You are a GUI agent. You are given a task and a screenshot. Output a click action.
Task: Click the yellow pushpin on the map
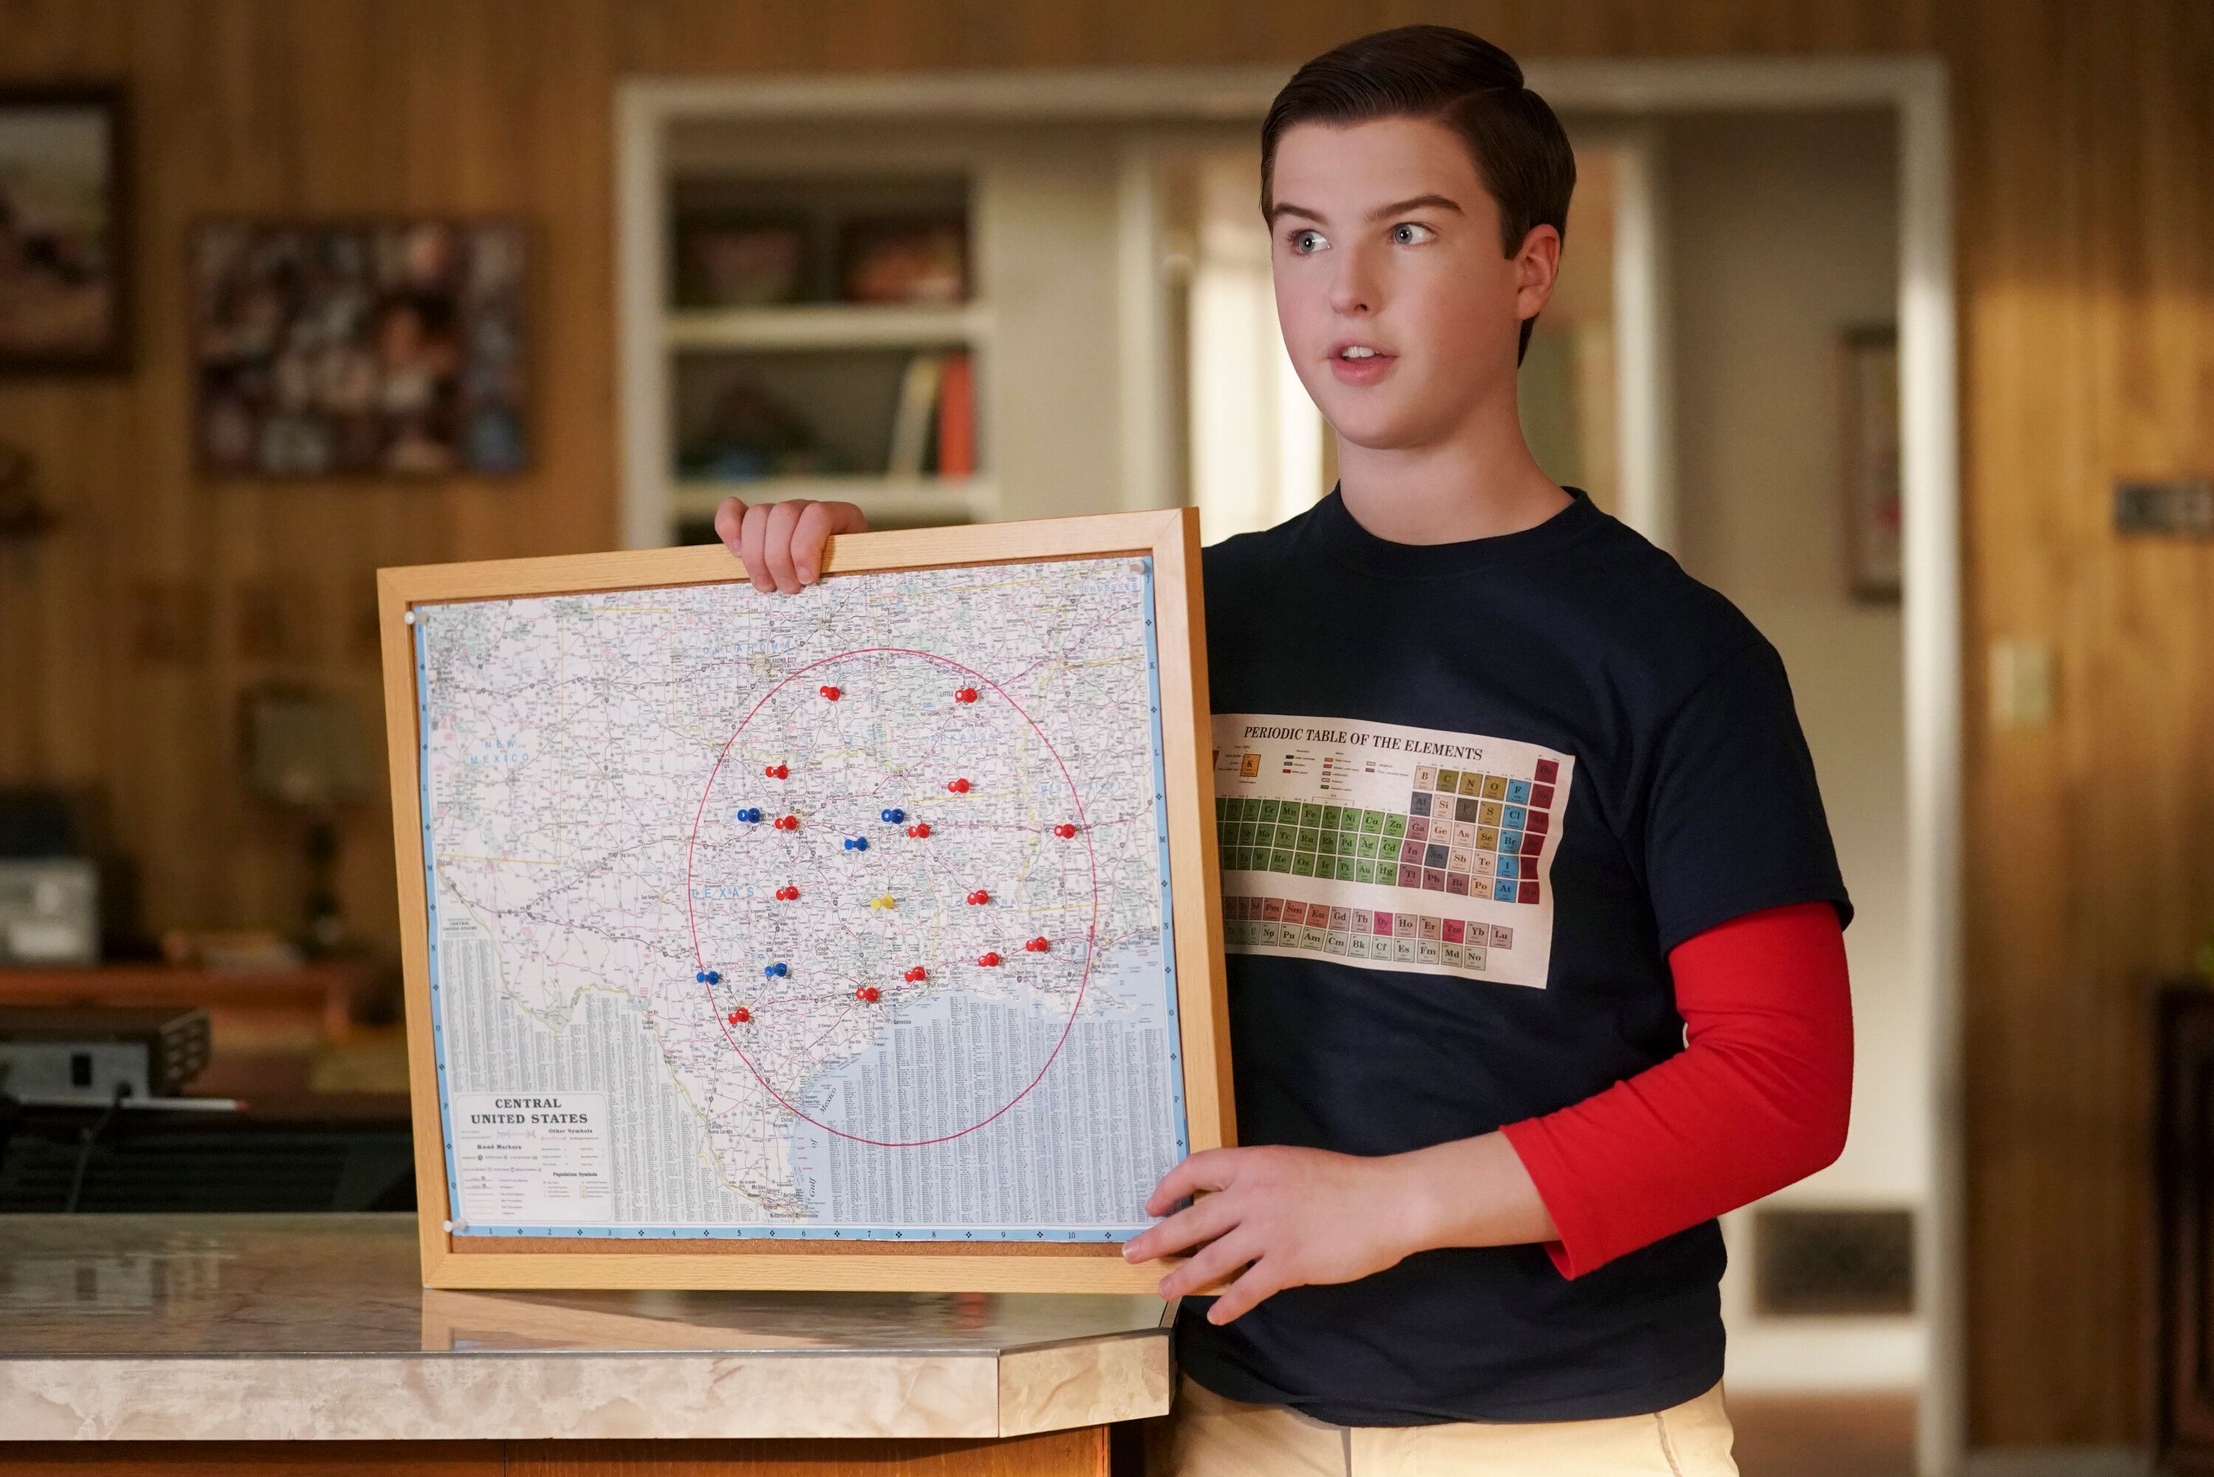(881, 901)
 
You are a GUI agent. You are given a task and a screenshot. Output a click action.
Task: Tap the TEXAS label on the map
(723, 891)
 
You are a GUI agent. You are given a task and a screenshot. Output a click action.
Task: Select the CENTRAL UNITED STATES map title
(528, 1111)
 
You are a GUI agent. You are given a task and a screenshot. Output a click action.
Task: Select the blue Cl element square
(1514, 815)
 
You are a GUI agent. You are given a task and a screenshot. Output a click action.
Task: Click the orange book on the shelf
(955, 415)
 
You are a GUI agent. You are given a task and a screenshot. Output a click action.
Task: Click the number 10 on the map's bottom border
(1070, 1235)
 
